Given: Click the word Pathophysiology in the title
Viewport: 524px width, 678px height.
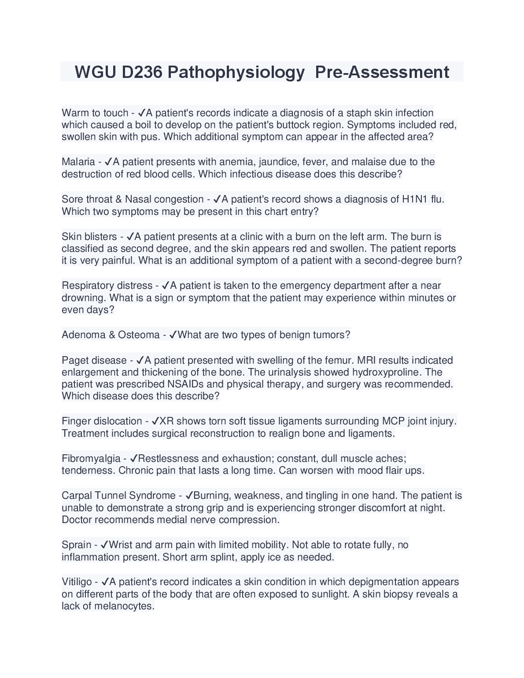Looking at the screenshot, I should click(236, 72).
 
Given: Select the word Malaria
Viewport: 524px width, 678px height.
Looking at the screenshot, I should click(78, 162).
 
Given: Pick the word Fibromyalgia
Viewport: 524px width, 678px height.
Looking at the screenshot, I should click(91, 459).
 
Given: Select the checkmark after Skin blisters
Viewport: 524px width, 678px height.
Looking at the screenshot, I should click(130, 237).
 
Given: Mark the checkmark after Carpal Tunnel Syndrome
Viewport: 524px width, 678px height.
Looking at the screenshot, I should click(190, 496).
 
